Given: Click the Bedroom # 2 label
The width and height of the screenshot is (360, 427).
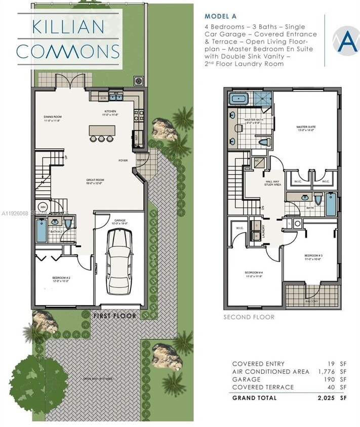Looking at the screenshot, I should [61, 279].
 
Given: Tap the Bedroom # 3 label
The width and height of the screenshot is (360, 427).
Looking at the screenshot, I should [314, 257].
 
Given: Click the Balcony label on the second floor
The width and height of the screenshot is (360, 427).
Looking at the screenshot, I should [311, 301].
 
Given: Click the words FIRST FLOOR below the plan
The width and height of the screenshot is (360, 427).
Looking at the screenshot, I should [114, 316].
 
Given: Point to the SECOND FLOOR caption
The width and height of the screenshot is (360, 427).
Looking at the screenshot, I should [249, 317].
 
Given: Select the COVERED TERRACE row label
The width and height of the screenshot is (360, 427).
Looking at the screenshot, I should [263, 387].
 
